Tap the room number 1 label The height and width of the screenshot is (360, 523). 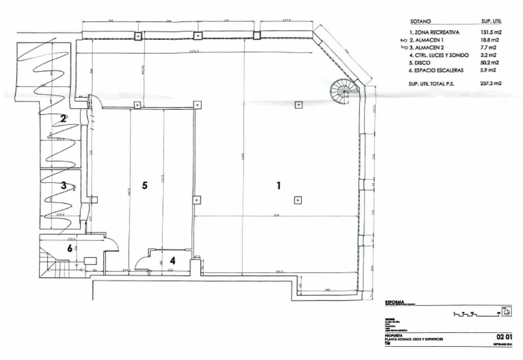click(278, 185)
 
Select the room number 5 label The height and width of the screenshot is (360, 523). click(145, 185)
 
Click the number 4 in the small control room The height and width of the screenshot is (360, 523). click(173, 261)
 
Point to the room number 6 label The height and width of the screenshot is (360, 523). click(70, 249)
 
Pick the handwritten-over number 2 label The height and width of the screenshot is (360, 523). click(63, 119)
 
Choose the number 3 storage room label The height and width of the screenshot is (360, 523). click(64, 185)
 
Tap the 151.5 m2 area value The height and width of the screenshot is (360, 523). click(491, 33)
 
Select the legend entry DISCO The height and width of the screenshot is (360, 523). click(422, 63)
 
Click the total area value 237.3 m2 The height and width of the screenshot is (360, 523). click(491, 83)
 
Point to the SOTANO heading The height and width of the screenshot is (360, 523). click(420, 21)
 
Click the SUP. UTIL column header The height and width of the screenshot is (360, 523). click(491, 21)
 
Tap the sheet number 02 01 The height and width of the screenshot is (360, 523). click(504, 337)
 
